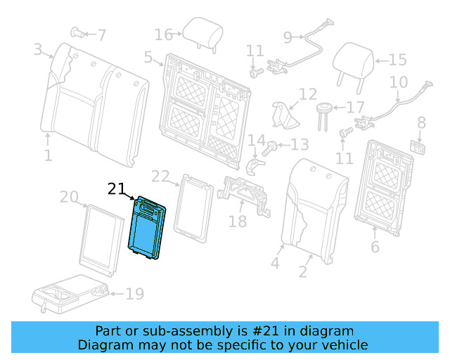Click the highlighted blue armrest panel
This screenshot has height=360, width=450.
[x=147, y=229]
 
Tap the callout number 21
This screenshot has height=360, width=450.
[x=116, y=188]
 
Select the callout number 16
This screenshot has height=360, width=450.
[x=163, y=34]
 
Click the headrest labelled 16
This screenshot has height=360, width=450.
[x=193, y=30]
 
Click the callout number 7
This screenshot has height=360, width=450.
[x=101, y=34]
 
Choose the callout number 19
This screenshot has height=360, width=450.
[x=134, y=294]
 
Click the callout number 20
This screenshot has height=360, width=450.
[x=69, y=198]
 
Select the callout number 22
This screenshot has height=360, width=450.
[x=161, y=176]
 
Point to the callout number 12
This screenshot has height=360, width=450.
[x=308, y=94]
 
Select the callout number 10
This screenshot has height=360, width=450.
[x=398, y=82]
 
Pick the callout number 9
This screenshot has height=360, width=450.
[x=288, y=37]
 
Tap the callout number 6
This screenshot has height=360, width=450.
[x=375, y=247]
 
